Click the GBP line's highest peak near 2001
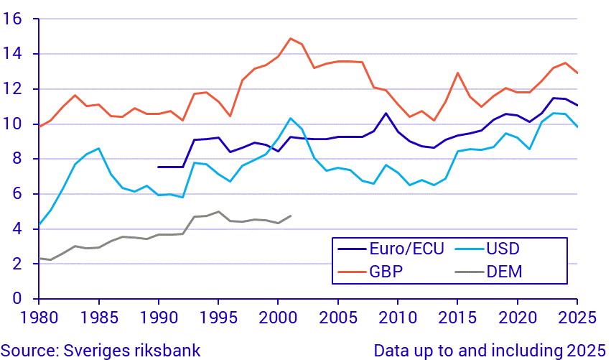coord(290,39)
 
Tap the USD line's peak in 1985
coord(98,149)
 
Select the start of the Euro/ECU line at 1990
coord(159,167)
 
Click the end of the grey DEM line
coord(290,216)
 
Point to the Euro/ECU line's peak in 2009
coord(386,114)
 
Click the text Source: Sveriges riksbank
coord(101,350)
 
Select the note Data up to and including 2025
coord(490,350)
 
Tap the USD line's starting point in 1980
coord(39,225)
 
